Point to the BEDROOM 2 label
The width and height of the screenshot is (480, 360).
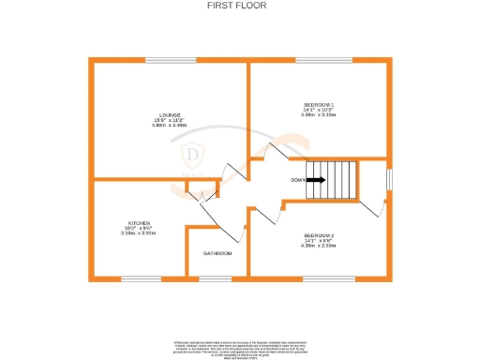319,234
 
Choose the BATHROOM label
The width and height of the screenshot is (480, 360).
218,253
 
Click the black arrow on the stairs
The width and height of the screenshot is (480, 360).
316,180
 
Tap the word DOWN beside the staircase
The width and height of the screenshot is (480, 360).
297,180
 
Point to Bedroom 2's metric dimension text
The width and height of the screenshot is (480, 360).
319,246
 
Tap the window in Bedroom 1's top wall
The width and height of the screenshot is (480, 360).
322,62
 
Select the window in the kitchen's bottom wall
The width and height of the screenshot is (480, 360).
141,278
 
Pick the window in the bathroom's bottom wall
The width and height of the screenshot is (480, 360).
216,278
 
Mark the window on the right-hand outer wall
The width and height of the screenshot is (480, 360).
390,178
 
